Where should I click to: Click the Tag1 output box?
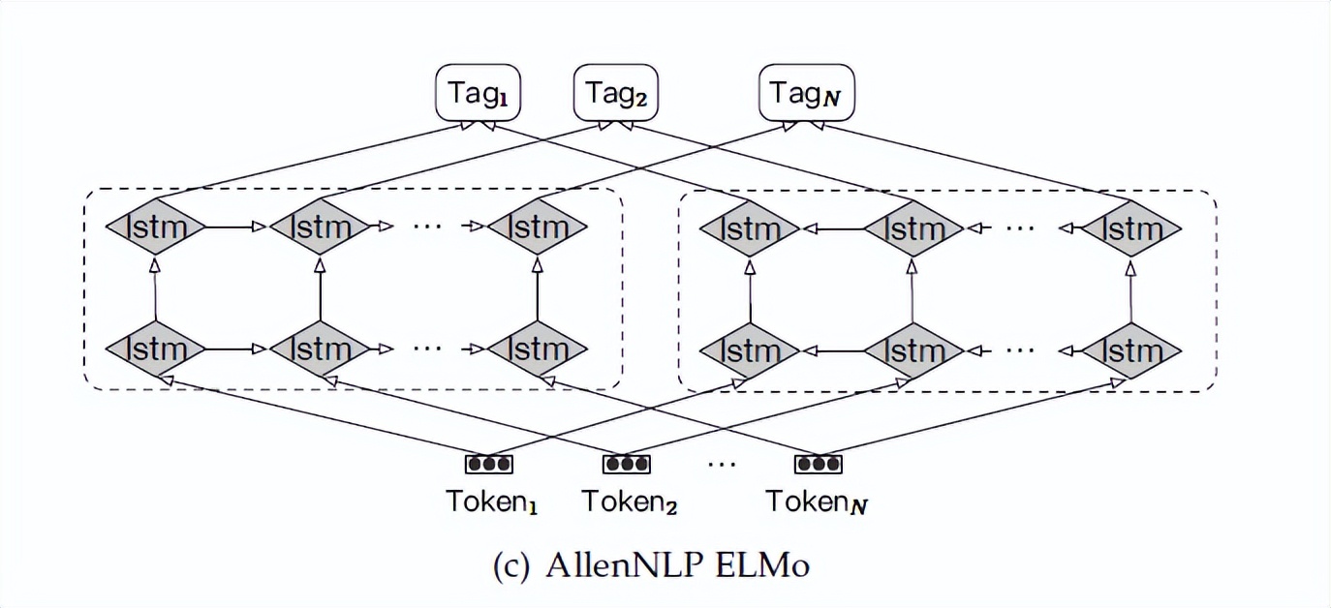click(480, 93)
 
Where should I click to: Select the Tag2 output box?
click(616, 93)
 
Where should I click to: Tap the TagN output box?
click(806, 93)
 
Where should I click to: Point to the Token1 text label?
click(491, 502)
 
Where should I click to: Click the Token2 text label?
click(629, 502)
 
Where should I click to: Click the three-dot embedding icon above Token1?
click(489, 464)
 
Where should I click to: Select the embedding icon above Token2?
click(627, 464)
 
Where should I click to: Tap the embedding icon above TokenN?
click(819, 464)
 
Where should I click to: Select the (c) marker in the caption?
click(511, 564)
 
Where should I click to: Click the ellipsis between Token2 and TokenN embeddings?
click(722, 464)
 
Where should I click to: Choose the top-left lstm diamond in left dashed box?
click(155, 228)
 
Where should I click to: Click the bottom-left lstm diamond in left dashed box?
click(155, 348)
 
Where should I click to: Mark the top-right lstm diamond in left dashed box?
click(537, 228)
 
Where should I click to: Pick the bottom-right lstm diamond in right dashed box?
click(1131, 349)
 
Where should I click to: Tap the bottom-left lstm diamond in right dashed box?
click(749, 349)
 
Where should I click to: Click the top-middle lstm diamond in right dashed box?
click(913, 229)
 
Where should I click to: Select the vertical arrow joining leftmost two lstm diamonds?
click(155, 288)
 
